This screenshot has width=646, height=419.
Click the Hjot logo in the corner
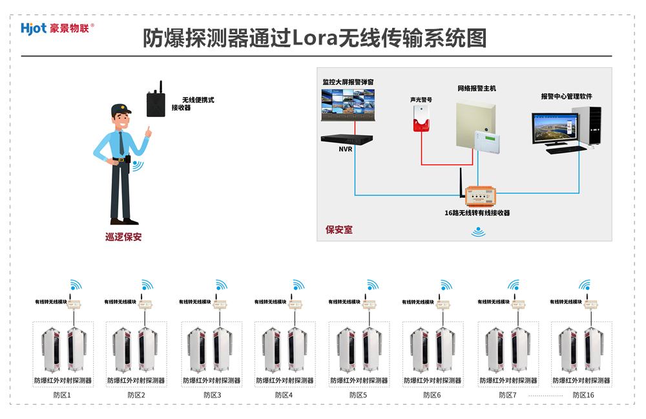[x=57, y=28]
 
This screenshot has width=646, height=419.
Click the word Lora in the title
[x=318, y=38]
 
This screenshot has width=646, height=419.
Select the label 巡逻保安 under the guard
[x=123, y=237]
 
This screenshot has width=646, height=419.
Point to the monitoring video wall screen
[x=348, y=105]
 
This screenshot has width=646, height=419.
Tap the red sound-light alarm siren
[x=421, y=119]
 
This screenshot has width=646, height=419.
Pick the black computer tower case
[x=594, y=126]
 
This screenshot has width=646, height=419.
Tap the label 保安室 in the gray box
[x=339, y=230]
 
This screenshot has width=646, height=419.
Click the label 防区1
[x=63, y=394]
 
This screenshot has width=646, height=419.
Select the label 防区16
[x=582, y=394]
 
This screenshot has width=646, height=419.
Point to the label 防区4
[x=284, y=394]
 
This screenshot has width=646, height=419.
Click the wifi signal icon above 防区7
[x=514, y=285]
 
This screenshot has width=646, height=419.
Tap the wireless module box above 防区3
[x=221, y=303]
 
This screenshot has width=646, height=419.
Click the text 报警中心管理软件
[x=567, y=96]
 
